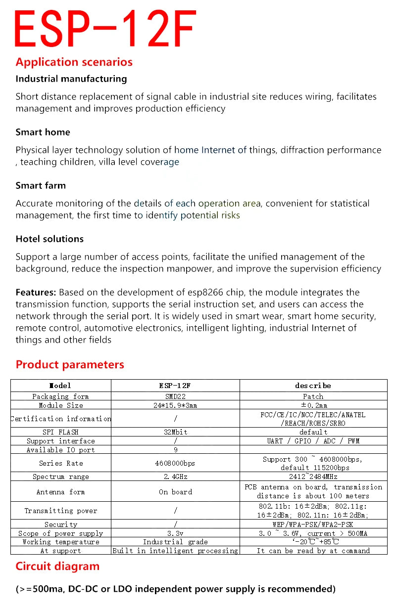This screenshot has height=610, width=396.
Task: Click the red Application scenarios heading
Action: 74,62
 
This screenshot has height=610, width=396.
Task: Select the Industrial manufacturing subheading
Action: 71,79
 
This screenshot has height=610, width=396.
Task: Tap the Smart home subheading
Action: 43,132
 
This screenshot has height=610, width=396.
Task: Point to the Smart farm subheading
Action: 41,185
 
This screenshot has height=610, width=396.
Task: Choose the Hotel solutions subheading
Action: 49,239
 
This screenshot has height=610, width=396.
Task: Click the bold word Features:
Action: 36,292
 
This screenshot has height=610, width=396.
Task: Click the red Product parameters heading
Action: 70,365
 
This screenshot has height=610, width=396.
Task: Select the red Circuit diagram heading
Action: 57,566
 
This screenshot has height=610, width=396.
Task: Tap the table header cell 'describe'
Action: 313,386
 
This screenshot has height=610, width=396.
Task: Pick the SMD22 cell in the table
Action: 175,396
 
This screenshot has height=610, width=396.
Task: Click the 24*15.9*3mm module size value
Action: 175,405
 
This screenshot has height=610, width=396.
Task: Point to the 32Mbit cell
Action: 175,432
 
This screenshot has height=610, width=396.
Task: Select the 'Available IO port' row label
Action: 61,450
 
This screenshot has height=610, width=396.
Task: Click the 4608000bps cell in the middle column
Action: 175,463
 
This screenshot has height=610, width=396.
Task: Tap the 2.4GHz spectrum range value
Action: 175,477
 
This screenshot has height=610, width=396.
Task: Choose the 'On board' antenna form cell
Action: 175,492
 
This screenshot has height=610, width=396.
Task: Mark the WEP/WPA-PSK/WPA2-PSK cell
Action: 313,524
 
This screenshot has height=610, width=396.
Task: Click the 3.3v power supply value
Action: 175,533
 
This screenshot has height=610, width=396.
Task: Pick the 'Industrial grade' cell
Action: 175,542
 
